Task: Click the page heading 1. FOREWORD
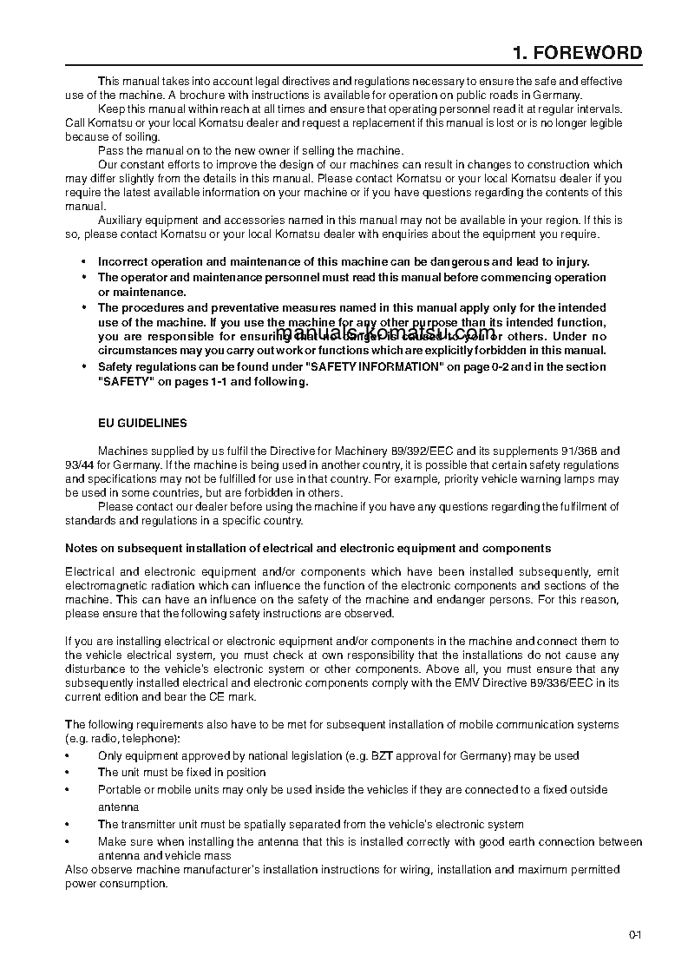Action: coord(577,53)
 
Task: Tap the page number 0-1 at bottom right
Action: coord(635,935)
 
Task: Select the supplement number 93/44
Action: coord(80,464)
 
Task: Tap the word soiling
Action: coord(140,137)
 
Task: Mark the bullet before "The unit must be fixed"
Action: coord(69,773)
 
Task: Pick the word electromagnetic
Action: coord(104,586)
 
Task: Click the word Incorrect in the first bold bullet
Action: coord(123,261)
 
